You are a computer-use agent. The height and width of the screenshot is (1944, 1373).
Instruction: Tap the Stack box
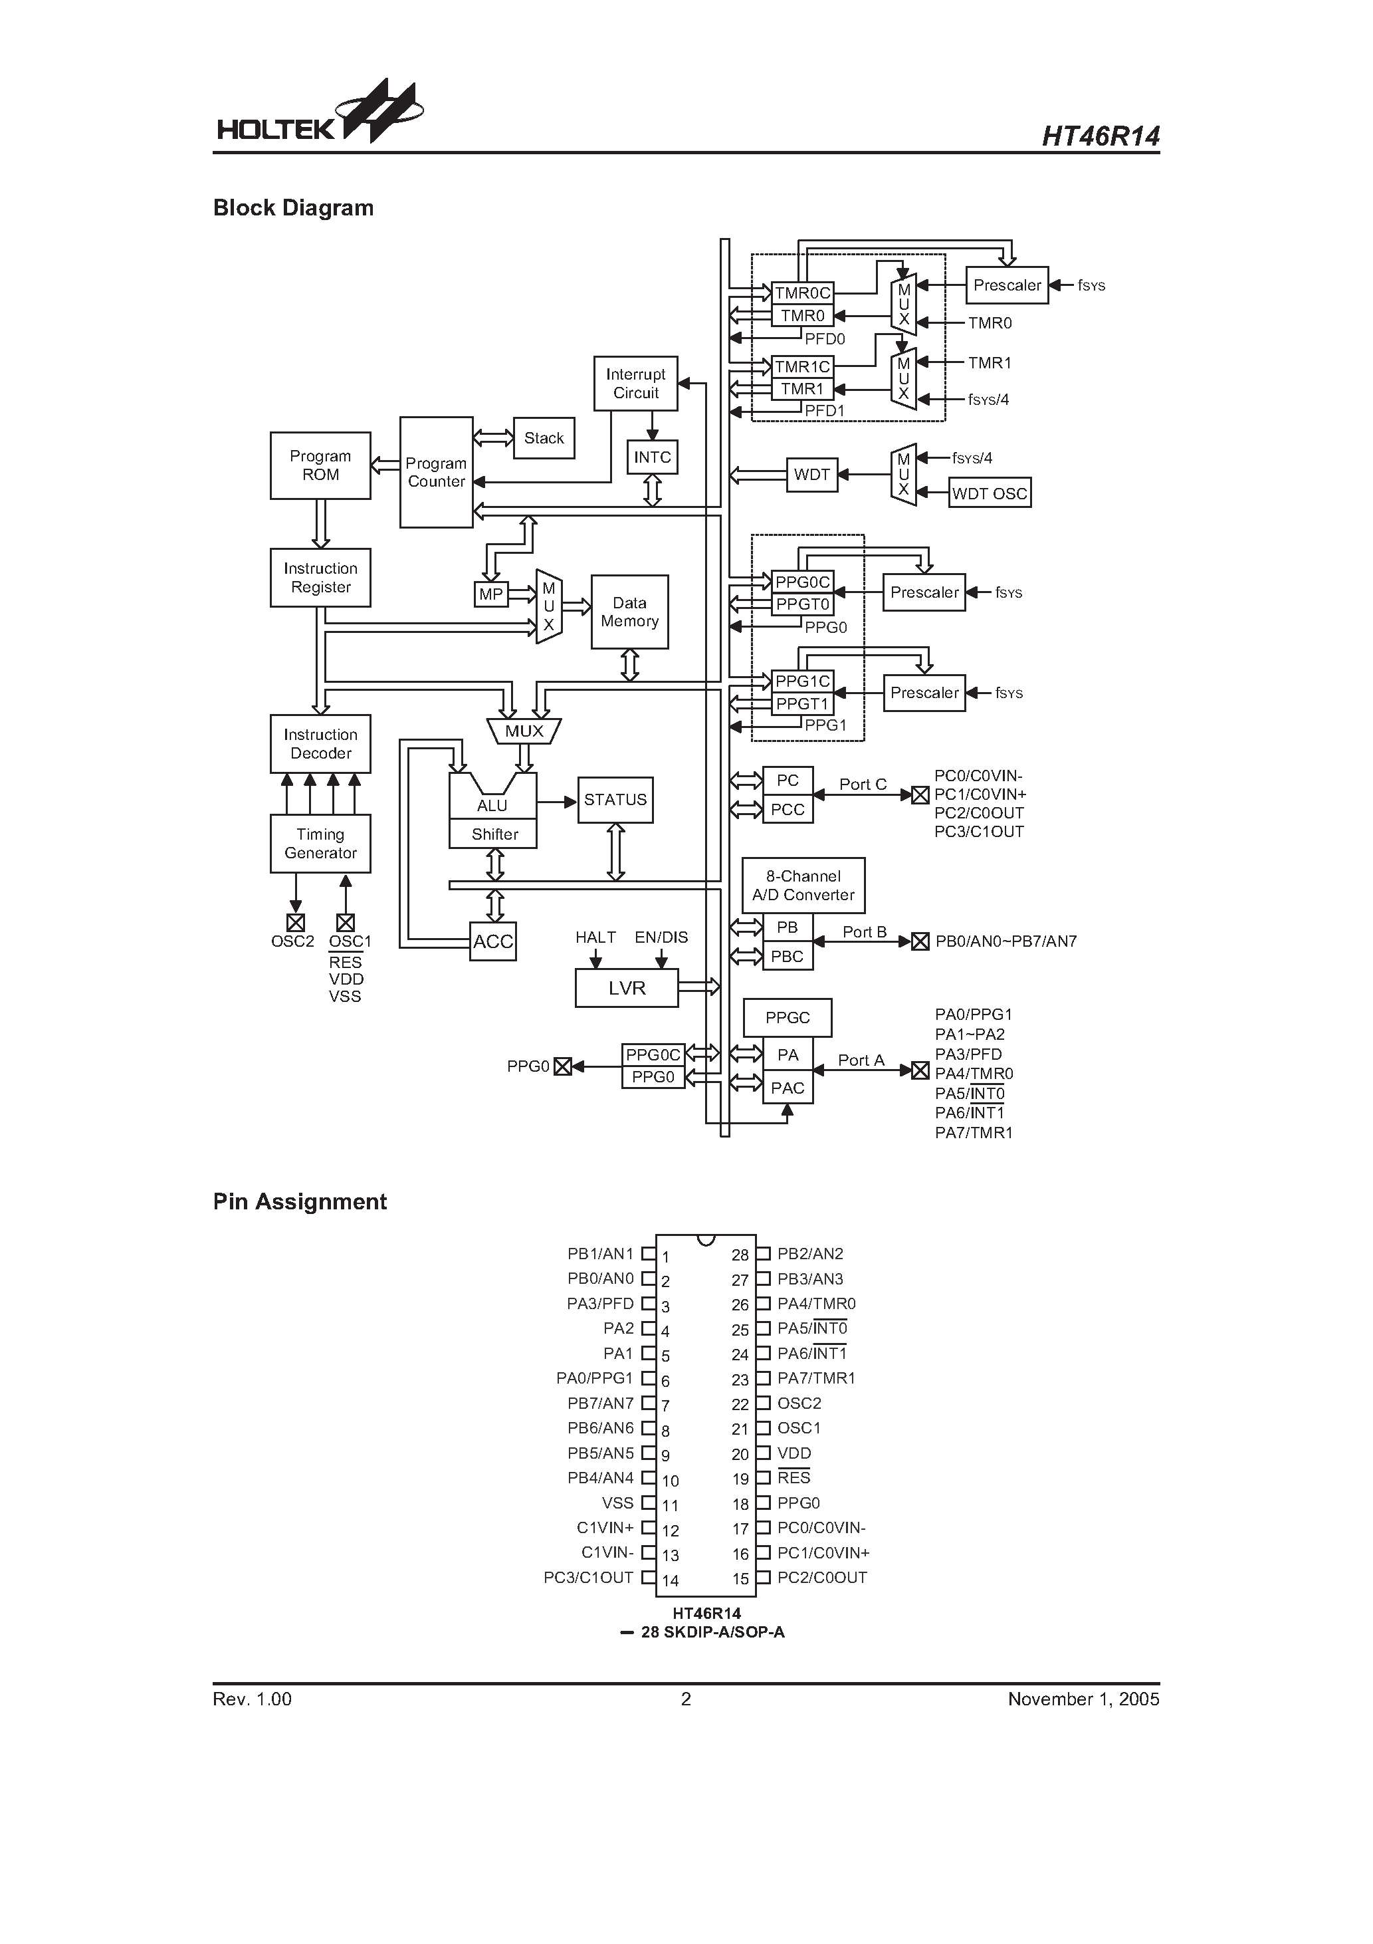[544, 437]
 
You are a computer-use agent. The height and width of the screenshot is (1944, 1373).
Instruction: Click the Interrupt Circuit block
[636, 384]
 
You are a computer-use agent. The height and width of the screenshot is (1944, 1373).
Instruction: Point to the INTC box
[652, 457]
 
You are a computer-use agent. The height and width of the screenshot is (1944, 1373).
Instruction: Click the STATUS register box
[615, 800]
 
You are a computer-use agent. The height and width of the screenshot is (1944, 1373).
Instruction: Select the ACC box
[492, 941]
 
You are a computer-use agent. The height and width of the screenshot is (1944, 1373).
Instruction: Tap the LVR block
[627, 988]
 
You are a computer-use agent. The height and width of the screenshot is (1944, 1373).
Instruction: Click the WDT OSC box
[990, 493]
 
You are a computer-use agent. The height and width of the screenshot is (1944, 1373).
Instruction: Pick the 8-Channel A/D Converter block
[803, 886]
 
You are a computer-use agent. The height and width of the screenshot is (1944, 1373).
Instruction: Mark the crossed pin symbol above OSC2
[296, 923]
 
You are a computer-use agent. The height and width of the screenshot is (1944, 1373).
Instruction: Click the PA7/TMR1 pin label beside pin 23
[816, 1378]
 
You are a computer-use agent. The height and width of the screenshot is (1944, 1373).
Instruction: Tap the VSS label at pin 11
[618, 1503]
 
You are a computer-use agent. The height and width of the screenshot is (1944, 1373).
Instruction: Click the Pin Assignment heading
[300, 1201]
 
